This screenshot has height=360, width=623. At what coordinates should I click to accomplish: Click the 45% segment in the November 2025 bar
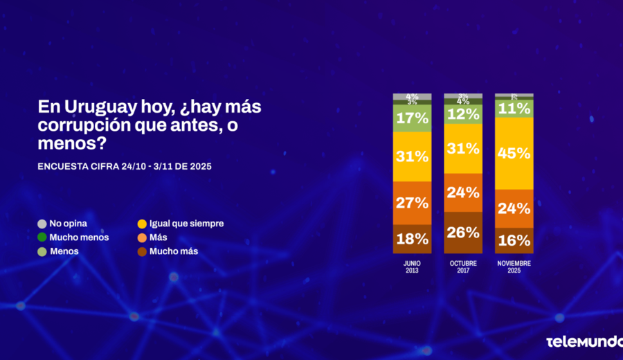514,153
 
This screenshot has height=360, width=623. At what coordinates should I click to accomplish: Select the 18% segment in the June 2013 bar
412,240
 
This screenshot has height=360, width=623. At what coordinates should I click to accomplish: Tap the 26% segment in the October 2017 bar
463,233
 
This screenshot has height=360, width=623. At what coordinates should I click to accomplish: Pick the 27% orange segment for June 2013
412,203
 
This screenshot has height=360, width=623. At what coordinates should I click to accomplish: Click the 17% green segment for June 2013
412,118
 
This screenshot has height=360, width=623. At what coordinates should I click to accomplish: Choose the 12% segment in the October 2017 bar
463,114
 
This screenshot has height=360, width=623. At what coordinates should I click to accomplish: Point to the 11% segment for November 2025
514,109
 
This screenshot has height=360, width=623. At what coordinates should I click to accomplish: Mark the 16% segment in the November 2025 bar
514,241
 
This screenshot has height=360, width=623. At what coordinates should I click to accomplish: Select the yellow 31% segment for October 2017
463,148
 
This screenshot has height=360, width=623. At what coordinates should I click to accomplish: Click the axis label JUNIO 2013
412,267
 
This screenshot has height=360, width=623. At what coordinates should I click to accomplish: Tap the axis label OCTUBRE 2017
463,267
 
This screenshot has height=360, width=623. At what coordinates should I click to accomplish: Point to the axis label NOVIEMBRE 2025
514,267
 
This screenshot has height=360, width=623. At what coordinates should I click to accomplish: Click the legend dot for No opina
42,224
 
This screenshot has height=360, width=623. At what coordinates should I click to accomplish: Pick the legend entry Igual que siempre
180,224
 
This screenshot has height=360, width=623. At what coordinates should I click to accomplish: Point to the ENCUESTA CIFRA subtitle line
125,166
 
